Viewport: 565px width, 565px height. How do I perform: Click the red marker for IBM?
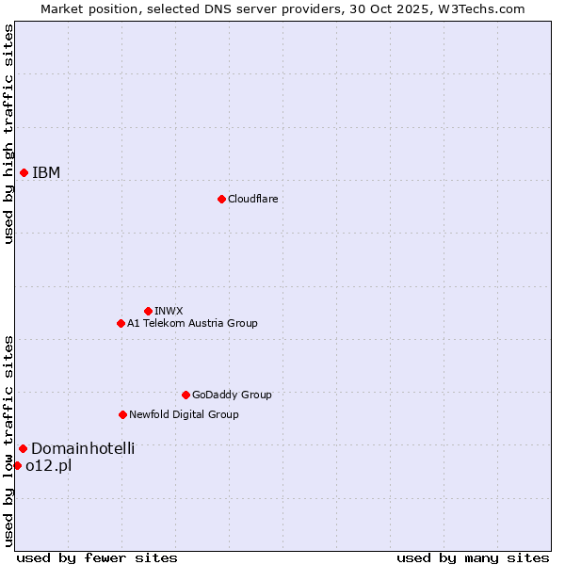click(x=24, y=172)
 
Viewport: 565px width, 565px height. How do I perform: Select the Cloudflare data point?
click(x=221, y=199)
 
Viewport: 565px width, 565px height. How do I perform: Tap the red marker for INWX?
click(x=148, y=311)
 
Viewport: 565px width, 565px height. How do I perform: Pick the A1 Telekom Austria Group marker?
click(x=121, y=323)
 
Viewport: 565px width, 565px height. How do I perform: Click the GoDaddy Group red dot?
click(x=186, y=395)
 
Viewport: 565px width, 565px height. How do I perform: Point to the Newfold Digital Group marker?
click(x=122, y=414)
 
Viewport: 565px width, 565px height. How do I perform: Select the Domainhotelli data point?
click(x=23, y=448)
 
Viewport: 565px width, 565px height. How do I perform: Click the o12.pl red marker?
click(x=17, y=465)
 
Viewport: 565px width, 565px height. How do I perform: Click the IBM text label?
click(x=46, y=172)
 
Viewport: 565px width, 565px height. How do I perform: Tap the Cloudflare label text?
click(x=252, y=199)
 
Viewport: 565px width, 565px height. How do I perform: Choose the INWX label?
click(x=169, y=311)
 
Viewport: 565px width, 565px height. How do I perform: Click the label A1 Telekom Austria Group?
click(x=192, y=323)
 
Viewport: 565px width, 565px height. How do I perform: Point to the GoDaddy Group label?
click(x=232, y=395)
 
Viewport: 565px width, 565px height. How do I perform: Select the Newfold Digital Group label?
click(x=184, y=414)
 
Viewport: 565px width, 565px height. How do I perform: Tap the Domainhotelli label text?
click(x=83, y=448)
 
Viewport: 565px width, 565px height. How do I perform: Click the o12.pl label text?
click(x=49, y=465)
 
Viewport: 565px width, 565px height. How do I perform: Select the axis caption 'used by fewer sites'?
click(x=97, y=557)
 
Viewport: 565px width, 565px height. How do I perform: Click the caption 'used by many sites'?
click(x=473, y=557)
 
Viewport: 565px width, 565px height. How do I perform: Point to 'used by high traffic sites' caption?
click(x=8, y=134)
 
